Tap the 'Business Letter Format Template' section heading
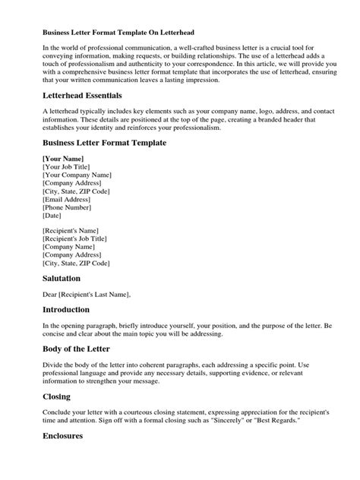104,142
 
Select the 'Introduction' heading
66,310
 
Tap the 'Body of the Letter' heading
77,349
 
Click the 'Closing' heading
57,396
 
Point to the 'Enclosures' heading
63,437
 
